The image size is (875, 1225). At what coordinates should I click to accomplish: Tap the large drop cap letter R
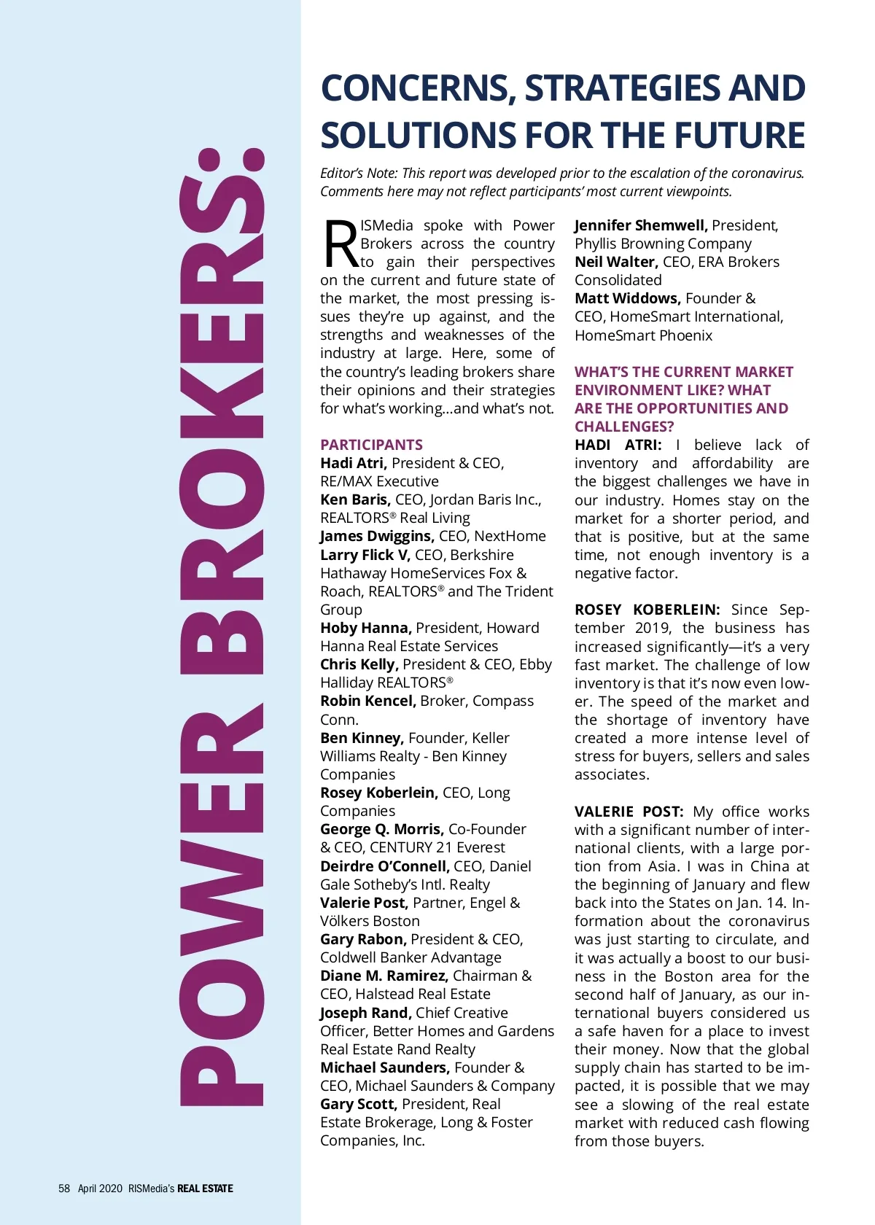[x=339, y=244]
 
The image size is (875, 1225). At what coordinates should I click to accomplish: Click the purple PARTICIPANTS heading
[x=371, y=445]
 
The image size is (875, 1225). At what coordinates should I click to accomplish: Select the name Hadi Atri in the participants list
[x=353, y=463]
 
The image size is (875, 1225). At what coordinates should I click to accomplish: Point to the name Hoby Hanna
[x=365, y=628]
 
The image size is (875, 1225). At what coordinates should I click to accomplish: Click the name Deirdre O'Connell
[x=384, y=866]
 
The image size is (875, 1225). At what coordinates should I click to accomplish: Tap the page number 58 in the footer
[x=64, y=1188]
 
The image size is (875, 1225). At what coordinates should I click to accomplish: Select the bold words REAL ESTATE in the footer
[x=205, y=1188]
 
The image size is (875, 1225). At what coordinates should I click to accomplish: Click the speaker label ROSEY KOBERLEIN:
[x=647, y=610]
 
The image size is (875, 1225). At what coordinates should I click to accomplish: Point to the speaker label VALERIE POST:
[x=629, y=812]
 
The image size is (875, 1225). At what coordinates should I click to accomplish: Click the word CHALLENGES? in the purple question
[x=624, y=427]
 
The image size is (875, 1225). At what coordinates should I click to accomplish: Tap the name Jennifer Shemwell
[x=640, y=225]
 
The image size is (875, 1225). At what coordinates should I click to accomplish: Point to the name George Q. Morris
[x=381, y=829]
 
